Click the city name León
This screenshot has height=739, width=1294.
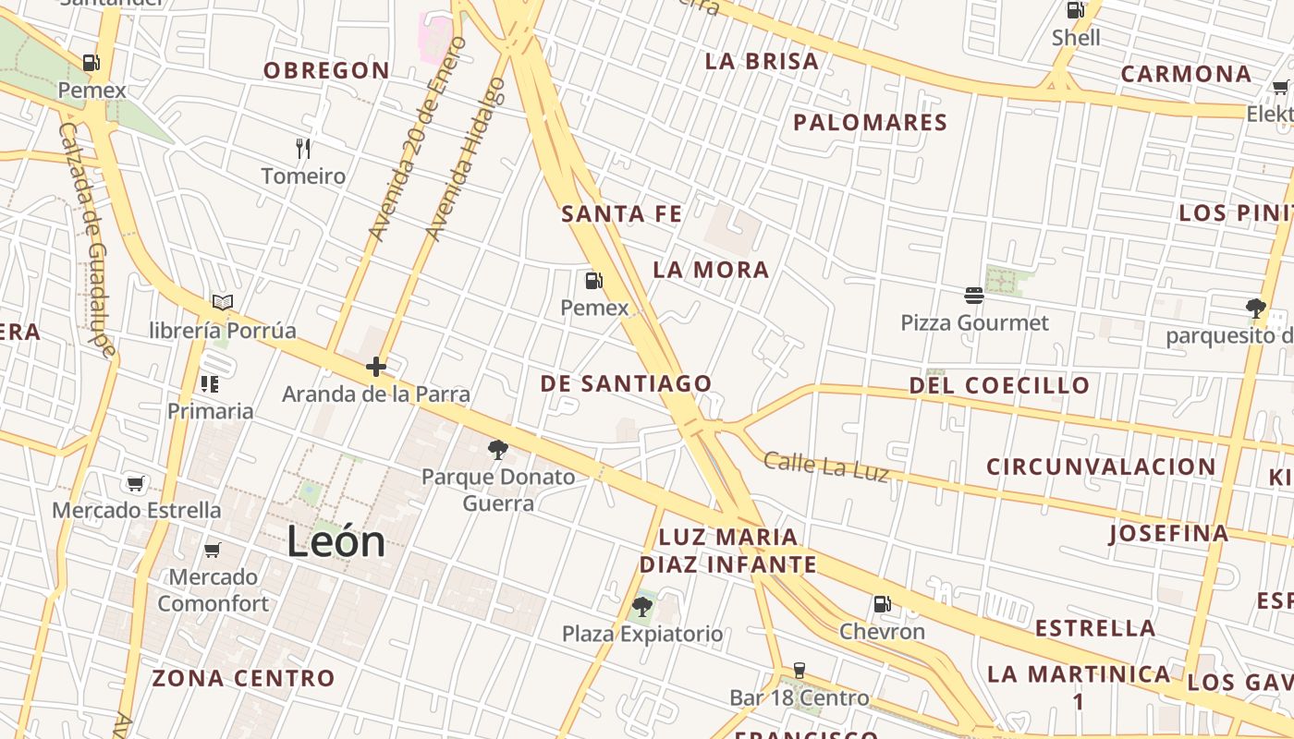(x=336, y=541)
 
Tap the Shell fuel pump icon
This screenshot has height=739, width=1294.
(x=1075, y=10)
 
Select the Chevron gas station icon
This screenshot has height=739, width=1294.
(x=882, y=604)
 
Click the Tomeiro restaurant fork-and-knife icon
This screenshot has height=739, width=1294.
(x=302, y=148)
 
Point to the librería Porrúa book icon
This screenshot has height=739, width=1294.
(x=222, y=302)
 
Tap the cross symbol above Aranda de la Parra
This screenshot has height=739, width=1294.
(x=375, y=367)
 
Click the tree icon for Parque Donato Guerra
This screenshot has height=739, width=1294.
(x=498, y=450)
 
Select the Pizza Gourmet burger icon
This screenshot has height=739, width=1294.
(x=973, y=296)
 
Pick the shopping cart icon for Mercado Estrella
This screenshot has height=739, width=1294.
(x=136, y=483)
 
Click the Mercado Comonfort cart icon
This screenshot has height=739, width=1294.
(x=212, y=551)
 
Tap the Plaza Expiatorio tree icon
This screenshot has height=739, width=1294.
(x=641, y=607)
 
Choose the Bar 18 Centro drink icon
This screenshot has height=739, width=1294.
(x=799, y=671)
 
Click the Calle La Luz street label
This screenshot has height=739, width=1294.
(x=826, y=466)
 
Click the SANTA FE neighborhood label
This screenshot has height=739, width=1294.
(x=621, y=214)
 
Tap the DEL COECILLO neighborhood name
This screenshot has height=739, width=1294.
(x=999, y=385)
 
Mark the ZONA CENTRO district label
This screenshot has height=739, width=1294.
(x=243, y=678)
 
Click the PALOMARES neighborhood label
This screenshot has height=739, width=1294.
(x=870, y=122)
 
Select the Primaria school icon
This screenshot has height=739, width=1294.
(x=210, y=383)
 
